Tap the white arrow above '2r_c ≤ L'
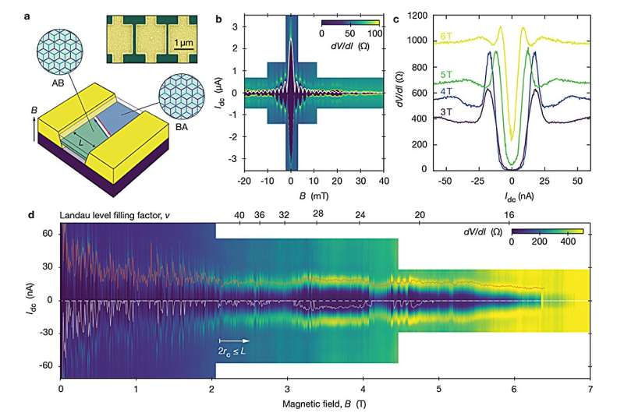235,340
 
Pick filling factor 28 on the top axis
317,214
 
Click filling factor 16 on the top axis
510,214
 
